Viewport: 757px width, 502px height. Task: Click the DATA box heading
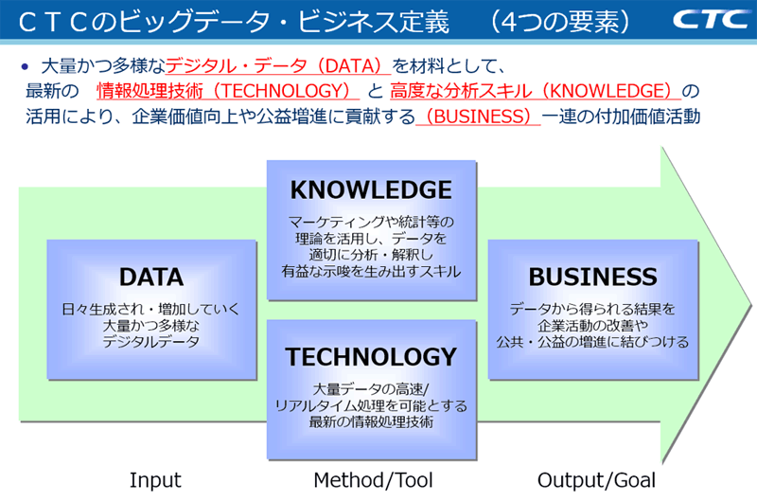(x=151, y=277)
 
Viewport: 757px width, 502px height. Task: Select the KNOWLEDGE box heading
(x=371, y=189)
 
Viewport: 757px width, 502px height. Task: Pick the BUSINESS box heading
(x=592, y=277)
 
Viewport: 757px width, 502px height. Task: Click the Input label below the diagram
(x=155, y=479)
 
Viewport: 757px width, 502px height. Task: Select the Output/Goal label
(x=596, y=479)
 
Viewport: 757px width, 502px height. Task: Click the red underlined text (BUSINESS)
(x=477, y=117)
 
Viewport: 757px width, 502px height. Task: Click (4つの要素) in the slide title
(x=556, y=21)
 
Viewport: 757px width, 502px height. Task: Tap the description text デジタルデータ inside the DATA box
(x=151, y=342)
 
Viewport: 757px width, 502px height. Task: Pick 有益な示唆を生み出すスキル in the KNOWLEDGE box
(x=371, y=272)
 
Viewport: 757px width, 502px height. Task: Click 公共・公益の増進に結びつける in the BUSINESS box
(x=592, y=342)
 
